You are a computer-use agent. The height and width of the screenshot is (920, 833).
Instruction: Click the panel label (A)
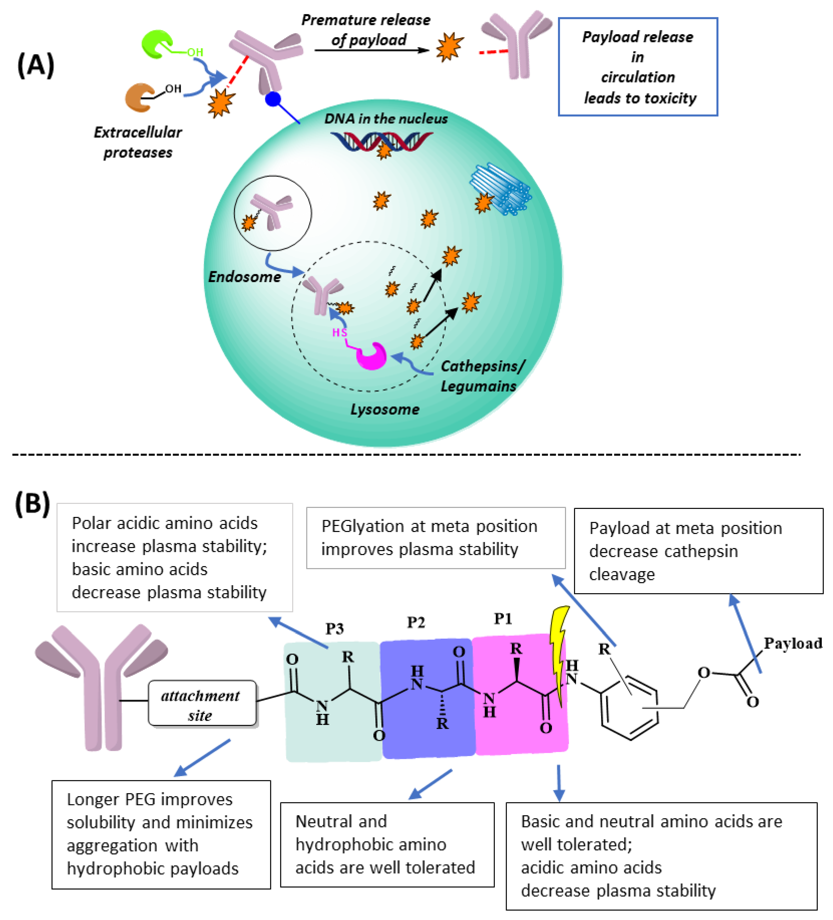coord(36,65)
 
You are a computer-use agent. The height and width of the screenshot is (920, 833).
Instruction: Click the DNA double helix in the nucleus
coord(381,141)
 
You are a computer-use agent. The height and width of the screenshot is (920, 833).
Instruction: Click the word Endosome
coord(244,277)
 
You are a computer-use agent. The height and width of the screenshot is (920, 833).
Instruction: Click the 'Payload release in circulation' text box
coord(638,67)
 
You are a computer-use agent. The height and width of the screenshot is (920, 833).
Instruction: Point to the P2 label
coord(416,623)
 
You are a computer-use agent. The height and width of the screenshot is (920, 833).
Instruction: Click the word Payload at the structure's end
coord(793,643)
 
